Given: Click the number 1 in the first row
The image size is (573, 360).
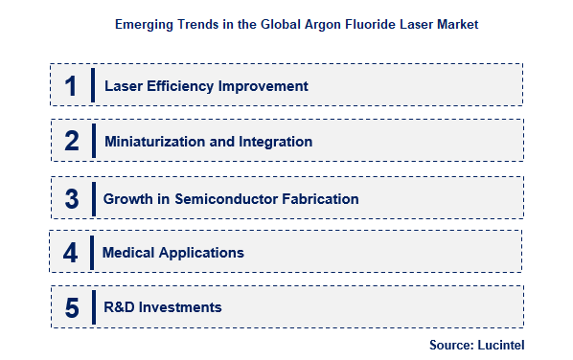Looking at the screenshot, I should [x=70, y=85].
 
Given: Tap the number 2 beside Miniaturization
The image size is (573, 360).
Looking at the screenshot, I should [x=71, y=142].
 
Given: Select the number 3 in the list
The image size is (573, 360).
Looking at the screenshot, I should [x=71, y=199].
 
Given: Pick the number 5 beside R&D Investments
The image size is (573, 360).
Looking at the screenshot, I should [x=70, y=307].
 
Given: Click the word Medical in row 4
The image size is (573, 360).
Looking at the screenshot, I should [x=127, y=253].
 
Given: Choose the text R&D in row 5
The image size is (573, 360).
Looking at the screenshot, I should [x=120, y=307].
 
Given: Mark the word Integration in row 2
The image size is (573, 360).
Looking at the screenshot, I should [x=276, y=142].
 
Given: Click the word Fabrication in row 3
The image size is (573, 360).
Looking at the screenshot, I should [x=323, y=199].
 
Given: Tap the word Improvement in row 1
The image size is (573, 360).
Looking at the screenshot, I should [x=264, y=86].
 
